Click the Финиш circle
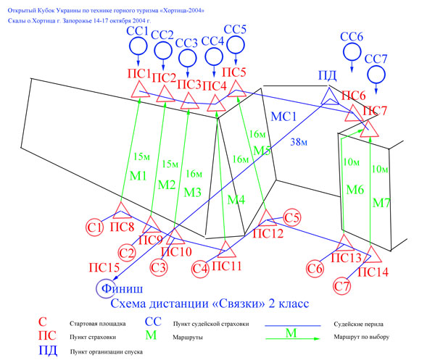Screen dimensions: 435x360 tap(96, 289)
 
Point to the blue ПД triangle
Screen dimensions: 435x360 tap(330, 96)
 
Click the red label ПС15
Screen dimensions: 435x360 tap(104, 268)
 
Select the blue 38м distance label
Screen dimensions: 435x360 tap(299, 142)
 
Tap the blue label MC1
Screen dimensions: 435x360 tap(283, 117)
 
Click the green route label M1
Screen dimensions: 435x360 tap(138, 176)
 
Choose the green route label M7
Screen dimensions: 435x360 tap(381, 203)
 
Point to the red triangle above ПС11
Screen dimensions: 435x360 tap(226, 250)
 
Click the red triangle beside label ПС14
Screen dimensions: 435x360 tap(372, 255)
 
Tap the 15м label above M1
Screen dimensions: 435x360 tap(142, 157)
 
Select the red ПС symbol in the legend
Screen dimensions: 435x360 tap(47, 336)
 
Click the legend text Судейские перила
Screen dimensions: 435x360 tap(358, 324)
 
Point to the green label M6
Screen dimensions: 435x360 tap(355, 190)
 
